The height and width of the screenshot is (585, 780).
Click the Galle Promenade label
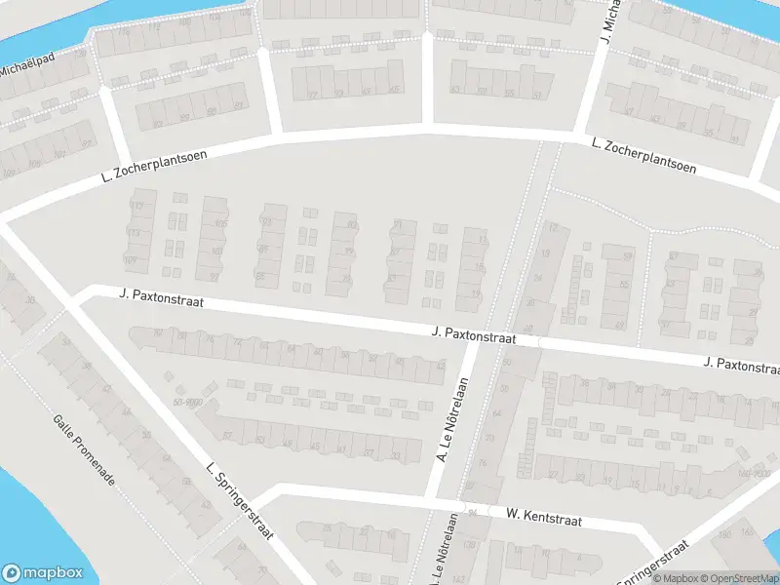[85, 449]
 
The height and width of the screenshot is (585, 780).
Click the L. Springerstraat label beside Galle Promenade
[240, 501]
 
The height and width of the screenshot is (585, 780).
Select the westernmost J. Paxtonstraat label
[161, 296]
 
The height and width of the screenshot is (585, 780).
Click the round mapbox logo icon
[13, 573]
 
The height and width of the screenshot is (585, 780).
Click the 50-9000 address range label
[189, 402]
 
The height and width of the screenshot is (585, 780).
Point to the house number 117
[136, 206]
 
